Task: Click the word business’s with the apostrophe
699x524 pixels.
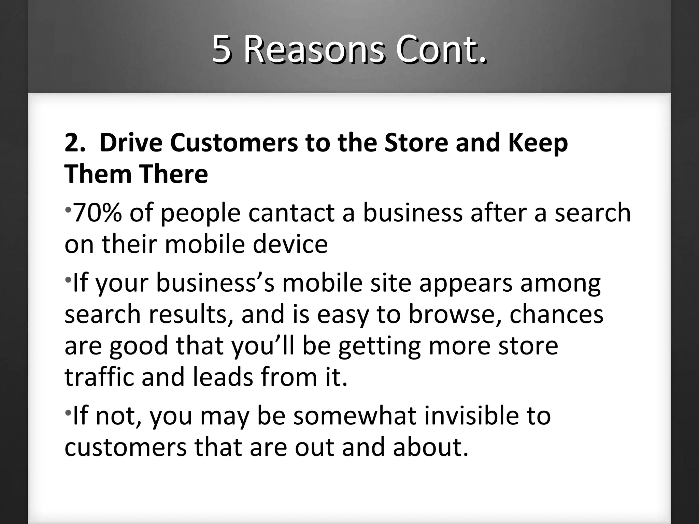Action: (x=215, y=283)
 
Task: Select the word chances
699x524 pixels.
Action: (x=556, y=314)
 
